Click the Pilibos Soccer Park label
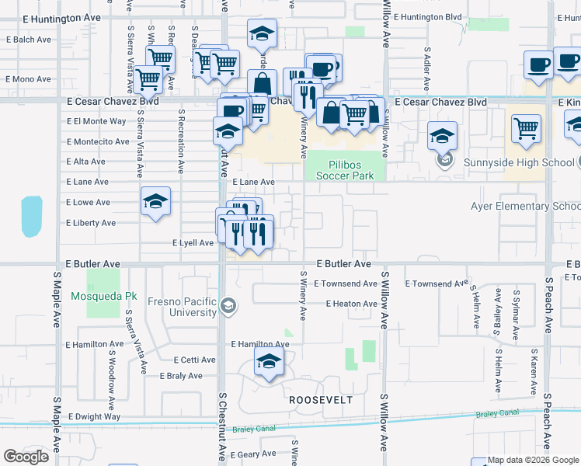point(345,169)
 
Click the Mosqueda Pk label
point(103,296)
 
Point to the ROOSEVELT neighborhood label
point(321,400)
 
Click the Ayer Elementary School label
point(525,206)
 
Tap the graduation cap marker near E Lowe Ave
point(155,202)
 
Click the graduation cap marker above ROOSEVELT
point(269,362)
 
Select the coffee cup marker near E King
point(538,64)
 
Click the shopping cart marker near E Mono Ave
point(148,78)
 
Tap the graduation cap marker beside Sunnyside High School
point(442,135)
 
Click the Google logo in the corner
point(26,457)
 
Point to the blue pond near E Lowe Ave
point(32,216)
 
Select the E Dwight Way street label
point(93,416)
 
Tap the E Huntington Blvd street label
point(427,16)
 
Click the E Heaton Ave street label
point(351,304)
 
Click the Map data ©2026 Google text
point(532,460)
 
